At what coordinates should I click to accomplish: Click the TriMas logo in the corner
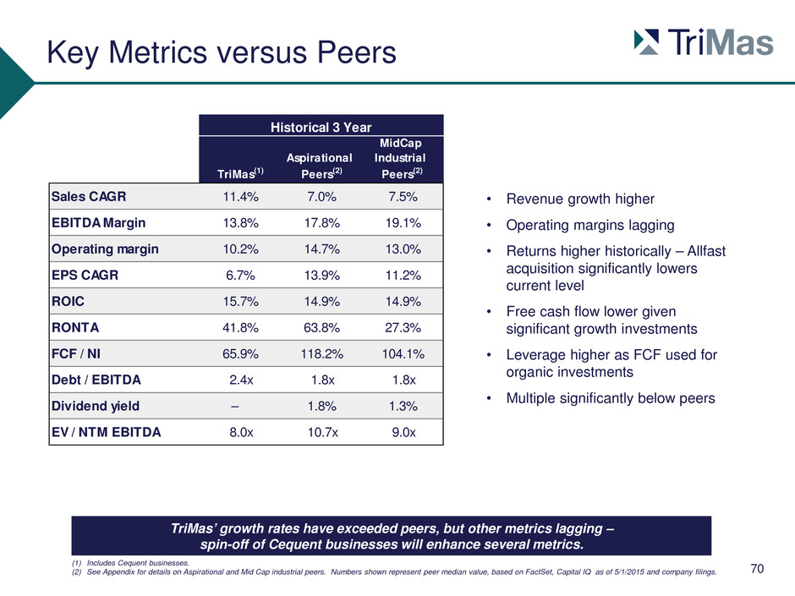[x=704, y=41]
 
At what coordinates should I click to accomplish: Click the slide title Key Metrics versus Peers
[x=222, y=52]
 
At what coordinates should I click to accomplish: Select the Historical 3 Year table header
[x=321, y=127]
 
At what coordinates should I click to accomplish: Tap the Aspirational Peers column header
[x=320, y=166]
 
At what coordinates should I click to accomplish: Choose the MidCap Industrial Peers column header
[x=400, y=158]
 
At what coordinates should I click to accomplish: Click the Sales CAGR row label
[x=89, y=196]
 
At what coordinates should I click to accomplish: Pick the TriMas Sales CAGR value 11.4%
[x=240, y=197]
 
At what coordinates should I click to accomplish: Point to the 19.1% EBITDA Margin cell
[x=403, y=223]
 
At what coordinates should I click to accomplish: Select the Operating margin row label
[x=105, y=249]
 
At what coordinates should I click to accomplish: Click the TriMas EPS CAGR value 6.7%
[x=240, y=276]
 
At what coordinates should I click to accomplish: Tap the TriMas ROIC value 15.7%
[x=240, y=302]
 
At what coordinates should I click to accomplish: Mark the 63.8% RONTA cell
[x=321, y=328]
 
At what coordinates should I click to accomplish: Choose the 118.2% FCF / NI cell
[x=321, y=353]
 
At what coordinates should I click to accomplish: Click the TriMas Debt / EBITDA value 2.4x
[x=241, y=380]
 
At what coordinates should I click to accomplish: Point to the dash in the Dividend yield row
[x=234, y=407]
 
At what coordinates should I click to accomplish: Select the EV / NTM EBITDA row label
[x=106, y=432]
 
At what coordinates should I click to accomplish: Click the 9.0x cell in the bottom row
[x=403, y=432]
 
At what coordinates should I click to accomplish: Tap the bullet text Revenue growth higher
[x=580, y=200]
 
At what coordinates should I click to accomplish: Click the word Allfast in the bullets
[x=706, y=251]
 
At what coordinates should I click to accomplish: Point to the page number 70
[x=757, y=569]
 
